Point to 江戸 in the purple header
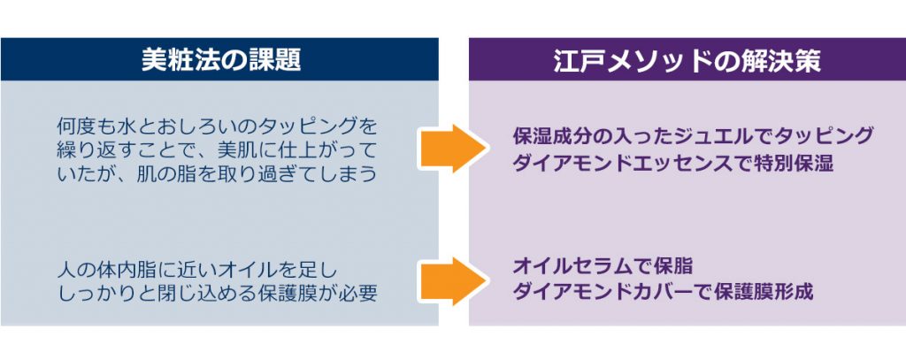[x=579, y=60]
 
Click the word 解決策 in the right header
[x=779, y=60]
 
